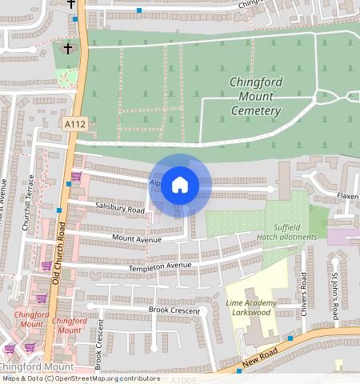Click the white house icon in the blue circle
pos(180,185)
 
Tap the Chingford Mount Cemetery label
pos(256,96)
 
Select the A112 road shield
pos(74,124)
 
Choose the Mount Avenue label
pos(137,238)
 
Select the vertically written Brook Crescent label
pos(100,344)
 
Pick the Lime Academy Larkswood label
pos(251,308)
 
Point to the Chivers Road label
pos(303,293)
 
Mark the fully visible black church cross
pos(67,49)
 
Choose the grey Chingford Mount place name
pos(24,366)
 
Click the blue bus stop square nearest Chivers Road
pos(290,338)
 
